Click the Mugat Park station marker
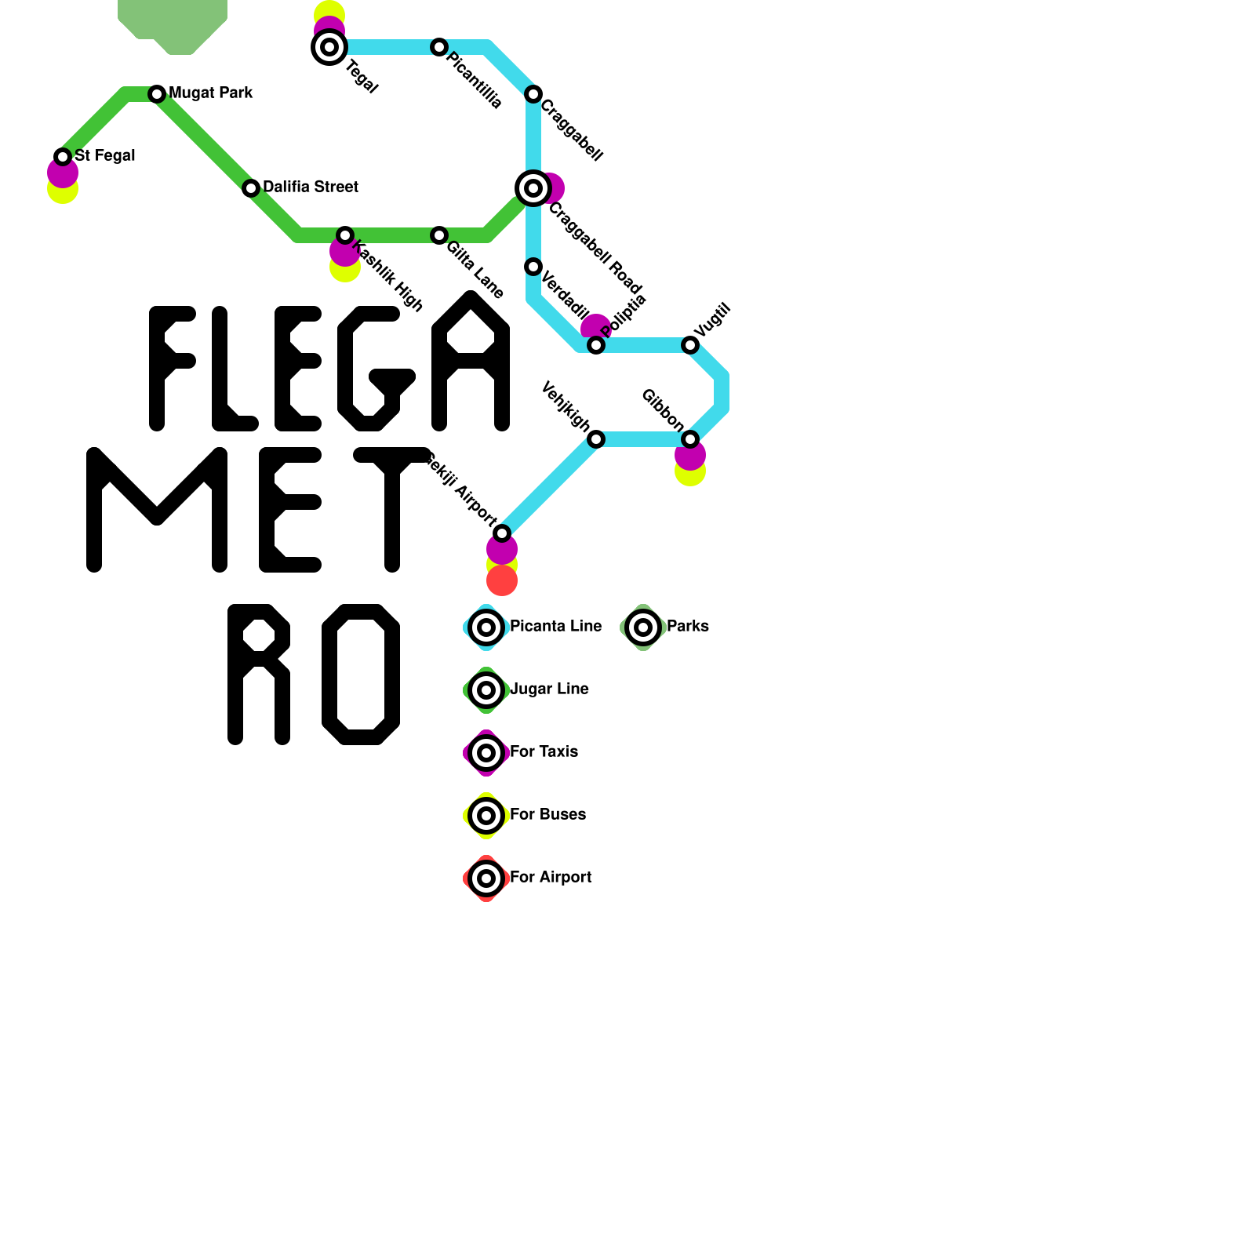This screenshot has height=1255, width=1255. pos(157,94)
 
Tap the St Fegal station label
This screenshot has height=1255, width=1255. pos(104,156)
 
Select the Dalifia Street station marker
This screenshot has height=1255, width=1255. pos(251,188)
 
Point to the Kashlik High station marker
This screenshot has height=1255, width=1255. pos(345,235)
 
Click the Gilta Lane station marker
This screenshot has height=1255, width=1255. pos(439,235)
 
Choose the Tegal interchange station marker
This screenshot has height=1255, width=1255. pos(329,47)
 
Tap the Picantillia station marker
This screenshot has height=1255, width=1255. pos(439,47)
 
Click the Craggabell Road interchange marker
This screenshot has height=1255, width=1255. pos(533,188)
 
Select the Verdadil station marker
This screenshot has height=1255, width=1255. pos(533,267)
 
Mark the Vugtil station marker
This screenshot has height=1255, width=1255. pos(690,345)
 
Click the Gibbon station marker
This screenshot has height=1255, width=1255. pos(690,439)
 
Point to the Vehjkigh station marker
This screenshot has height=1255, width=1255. pos(596,439)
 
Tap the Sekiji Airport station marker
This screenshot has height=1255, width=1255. pos(502,533)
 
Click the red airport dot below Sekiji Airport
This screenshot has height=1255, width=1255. pos(502,581)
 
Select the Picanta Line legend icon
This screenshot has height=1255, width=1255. pos(486,627)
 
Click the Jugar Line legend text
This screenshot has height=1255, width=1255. pos(549,689)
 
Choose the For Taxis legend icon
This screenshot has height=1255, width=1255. pos(486,753)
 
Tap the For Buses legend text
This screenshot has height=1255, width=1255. pos(547,815)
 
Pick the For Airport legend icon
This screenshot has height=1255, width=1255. pos(486,878)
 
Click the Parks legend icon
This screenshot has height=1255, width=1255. pos(643,627)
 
